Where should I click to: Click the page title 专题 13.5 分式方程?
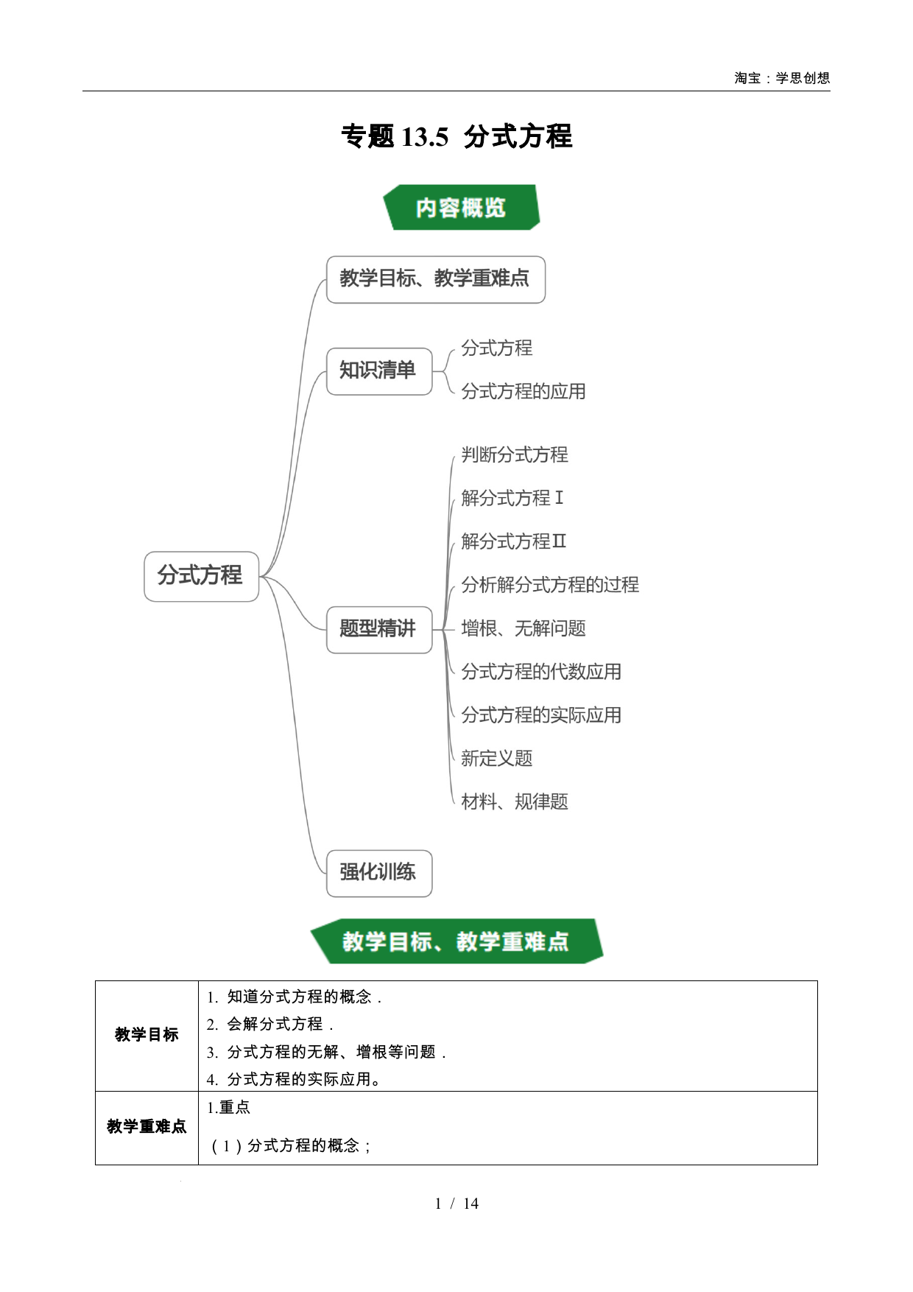point(456,136)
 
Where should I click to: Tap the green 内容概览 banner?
point(462,207)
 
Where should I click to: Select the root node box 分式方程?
point(202,576)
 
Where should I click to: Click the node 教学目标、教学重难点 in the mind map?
point(436,279)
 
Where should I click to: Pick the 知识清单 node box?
point(379,371)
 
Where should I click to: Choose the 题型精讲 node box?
point(379,629)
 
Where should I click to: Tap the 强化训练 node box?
point(379,873)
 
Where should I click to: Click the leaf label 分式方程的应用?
point(524,391)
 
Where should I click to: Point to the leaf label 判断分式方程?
point(515,454)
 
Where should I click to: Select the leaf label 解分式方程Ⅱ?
point(514,541)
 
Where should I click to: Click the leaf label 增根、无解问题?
point(524,628)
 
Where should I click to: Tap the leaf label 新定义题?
point(497,758)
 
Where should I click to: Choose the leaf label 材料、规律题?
point(515,801)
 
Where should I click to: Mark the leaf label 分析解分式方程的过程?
point(550,585)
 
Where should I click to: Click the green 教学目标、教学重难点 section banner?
point(456,941)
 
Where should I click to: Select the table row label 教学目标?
point(147,1035)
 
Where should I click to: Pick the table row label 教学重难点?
point(147,1127)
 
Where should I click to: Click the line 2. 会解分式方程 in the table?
point(270,1024)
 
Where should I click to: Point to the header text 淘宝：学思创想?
point(782,78)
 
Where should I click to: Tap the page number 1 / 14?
point(456,1204)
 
